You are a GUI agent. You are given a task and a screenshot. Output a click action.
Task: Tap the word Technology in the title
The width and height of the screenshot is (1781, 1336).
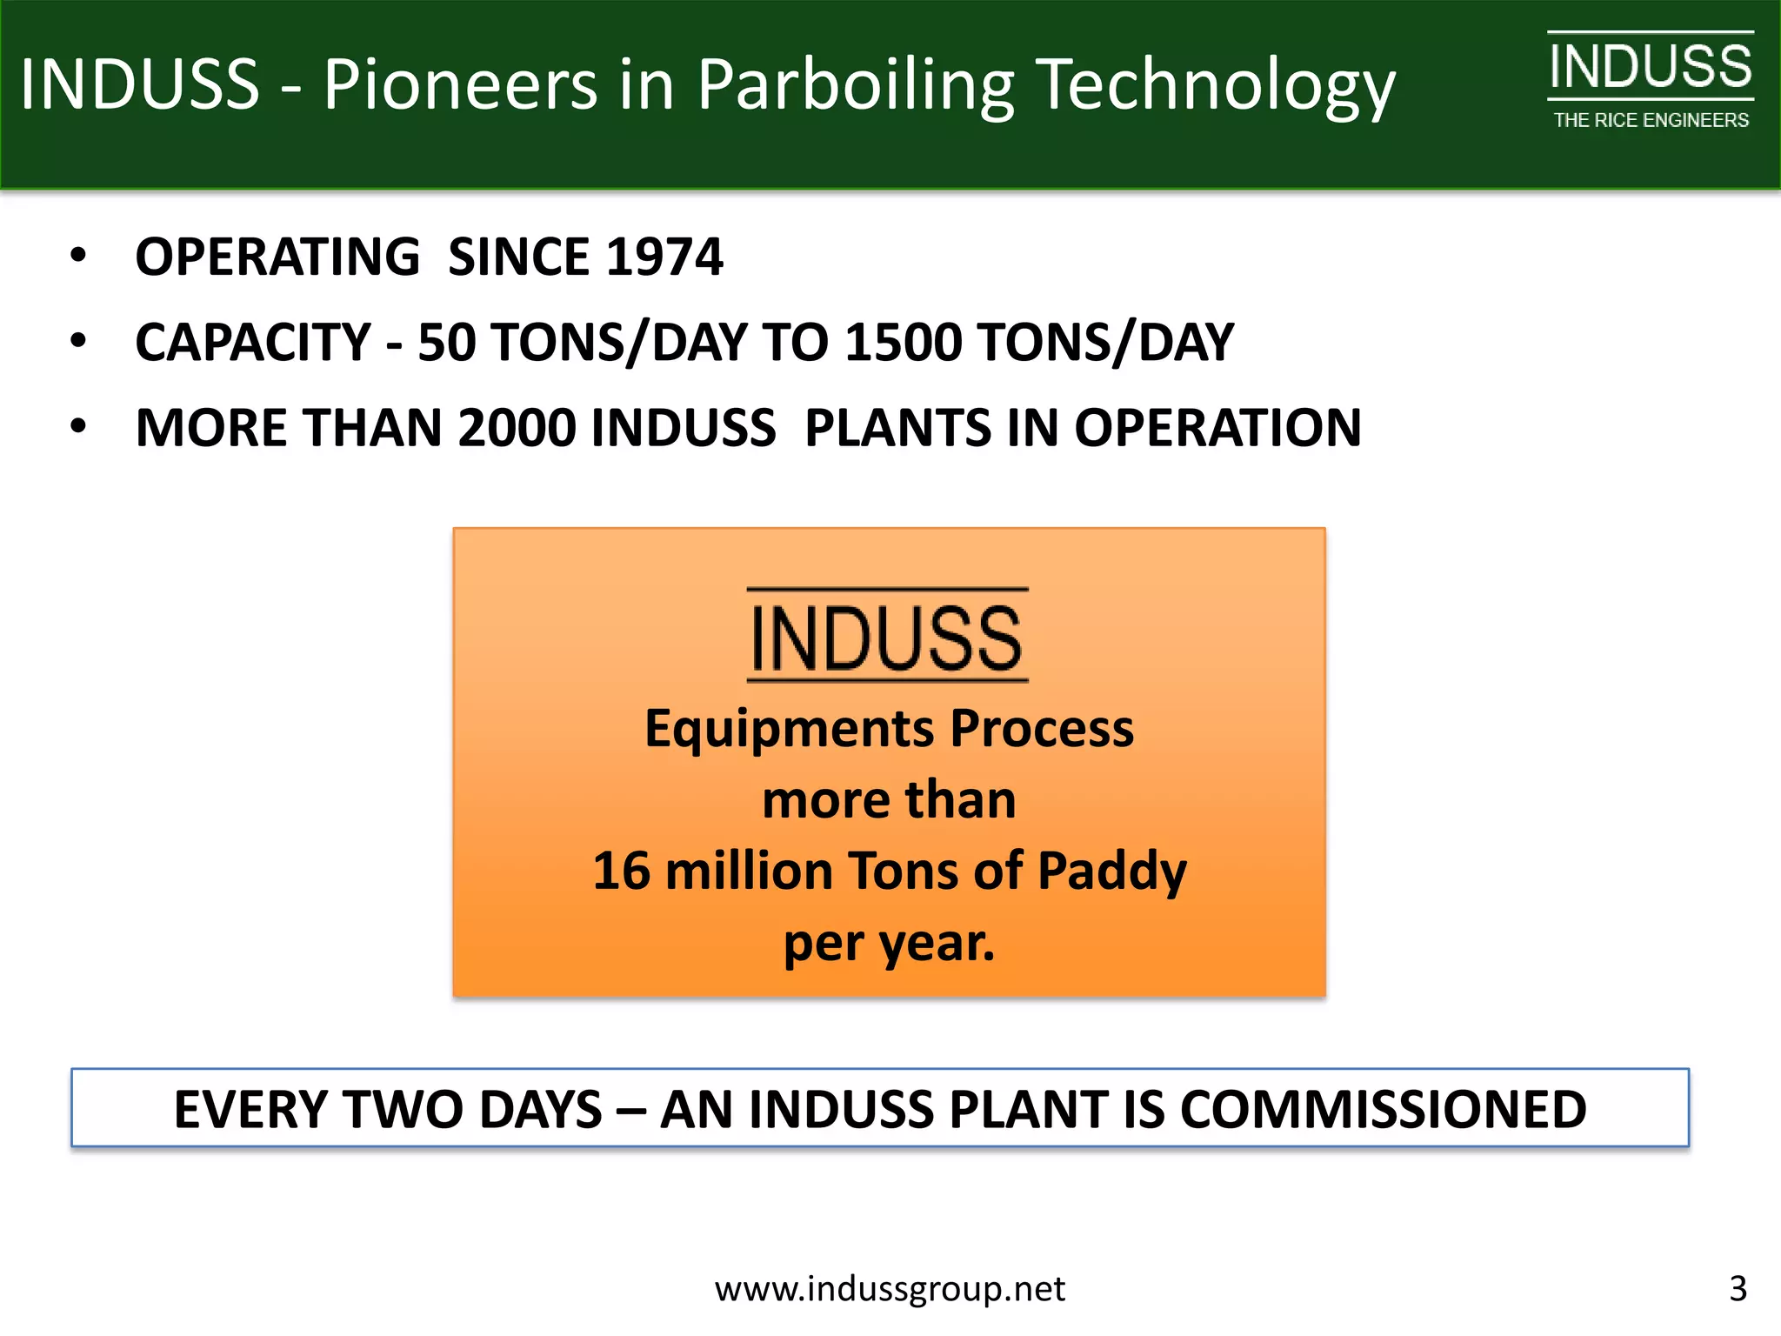(x=1217, y=85)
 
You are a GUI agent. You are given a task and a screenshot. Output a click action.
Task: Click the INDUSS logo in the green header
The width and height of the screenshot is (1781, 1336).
(x=1650, y=66)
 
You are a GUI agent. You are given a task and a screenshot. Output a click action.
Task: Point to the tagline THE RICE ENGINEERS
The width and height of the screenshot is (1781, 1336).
(x=1651, y=121)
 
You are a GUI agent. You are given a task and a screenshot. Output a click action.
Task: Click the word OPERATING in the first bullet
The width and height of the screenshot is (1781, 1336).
(x=277, y=257)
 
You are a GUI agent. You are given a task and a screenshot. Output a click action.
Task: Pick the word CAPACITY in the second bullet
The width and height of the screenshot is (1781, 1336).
(x=253, y=342)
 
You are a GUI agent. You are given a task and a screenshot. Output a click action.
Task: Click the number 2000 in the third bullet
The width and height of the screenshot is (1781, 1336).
(x=517, y=428)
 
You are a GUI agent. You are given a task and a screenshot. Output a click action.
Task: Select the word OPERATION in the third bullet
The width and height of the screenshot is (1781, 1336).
(x=1217, y=428)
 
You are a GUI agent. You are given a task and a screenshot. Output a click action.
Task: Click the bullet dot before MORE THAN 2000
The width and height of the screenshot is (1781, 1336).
(x=79, y=426)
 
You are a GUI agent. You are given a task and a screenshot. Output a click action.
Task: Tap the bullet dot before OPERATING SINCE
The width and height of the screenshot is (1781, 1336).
(x=79, y=256)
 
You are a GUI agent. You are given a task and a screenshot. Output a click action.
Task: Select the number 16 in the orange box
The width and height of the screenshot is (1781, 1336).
(x=621, y=871)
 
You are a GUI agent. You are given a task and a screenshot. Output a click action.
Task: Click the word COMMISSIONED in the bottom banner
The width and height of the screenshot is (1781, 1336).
(x=1383, y=1109)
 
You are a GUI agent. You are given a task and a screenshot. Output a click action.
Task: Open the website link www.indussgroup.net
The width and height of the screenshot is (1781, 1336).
(x=890, y=1288)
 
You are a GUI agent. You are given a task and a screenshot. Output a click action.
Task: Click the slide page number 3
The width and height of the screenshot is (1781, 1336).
(x=1738, y=1288)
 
